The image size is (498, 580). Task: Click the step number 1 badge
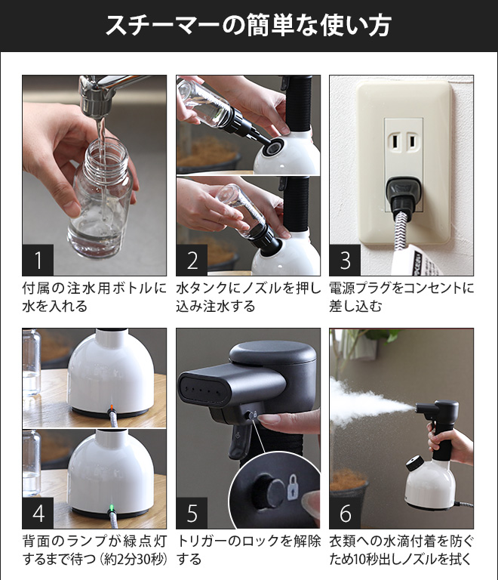click(x=38, y=260)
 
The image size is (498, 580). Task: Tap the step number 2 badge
click(x=192, y=260)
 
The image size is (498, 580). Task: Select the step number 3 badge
click(x=345, y=260)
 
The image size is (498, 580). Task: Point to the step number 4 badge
click(x=38, y=513)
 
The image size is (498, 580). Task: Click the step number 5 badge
click(x=192, y=513)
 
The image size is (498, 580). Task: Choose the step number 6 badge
click(x=345, y=513)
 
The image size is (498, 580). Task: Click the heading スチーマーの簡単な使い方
click(x=249, y=26)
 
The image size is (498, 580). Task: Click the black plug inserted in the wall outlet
click(x=403, y=194)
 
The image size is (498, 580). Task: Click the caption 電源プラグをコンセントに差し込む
click(x=401, y=298)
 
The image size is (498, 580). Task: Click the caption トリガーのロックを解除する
click(x=249, y=550)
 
